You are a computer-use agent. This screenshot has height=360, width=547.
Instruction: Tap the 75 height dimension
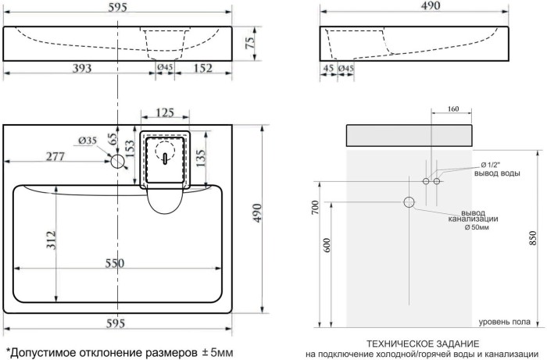[251, 43]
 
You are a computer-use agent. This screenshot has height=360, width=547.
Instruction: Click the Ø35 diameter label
[88, 141]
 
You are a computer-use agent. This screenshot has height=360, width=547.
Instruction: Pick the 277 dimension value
[53, 156]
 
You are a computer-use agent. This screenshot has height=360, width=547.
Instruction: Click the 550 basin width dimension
[115, 263]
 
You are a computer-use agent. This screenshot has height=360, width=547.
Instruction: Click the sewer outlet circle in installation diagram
[409, 202]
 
